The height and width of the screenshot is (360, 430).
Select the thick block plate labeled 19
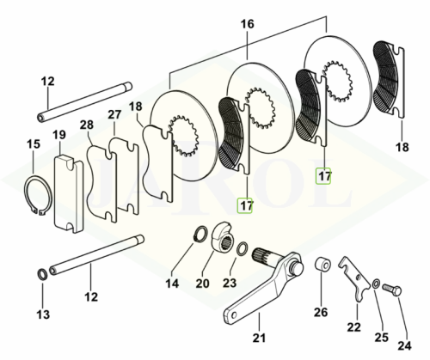(69, 193)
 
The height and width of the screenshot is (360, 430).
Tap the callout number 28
(87, 125)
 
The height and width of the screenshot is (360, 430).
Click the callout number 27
(114, 115)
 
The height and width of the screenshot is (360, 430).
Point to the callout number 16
(247, 24)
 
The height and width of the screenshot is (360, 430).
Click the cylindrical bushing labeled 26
(322, 265)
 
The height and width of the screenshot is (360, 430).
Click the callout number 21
(260, 338)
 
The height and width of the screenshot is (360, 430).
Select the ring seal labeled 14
(200, 234)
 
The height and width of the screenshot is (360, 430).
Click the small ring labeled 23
(242, 247)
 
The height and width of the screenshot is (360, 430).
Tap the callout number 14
(172, 284)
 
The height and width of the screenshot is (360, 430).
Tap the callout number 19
(60, 135)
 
